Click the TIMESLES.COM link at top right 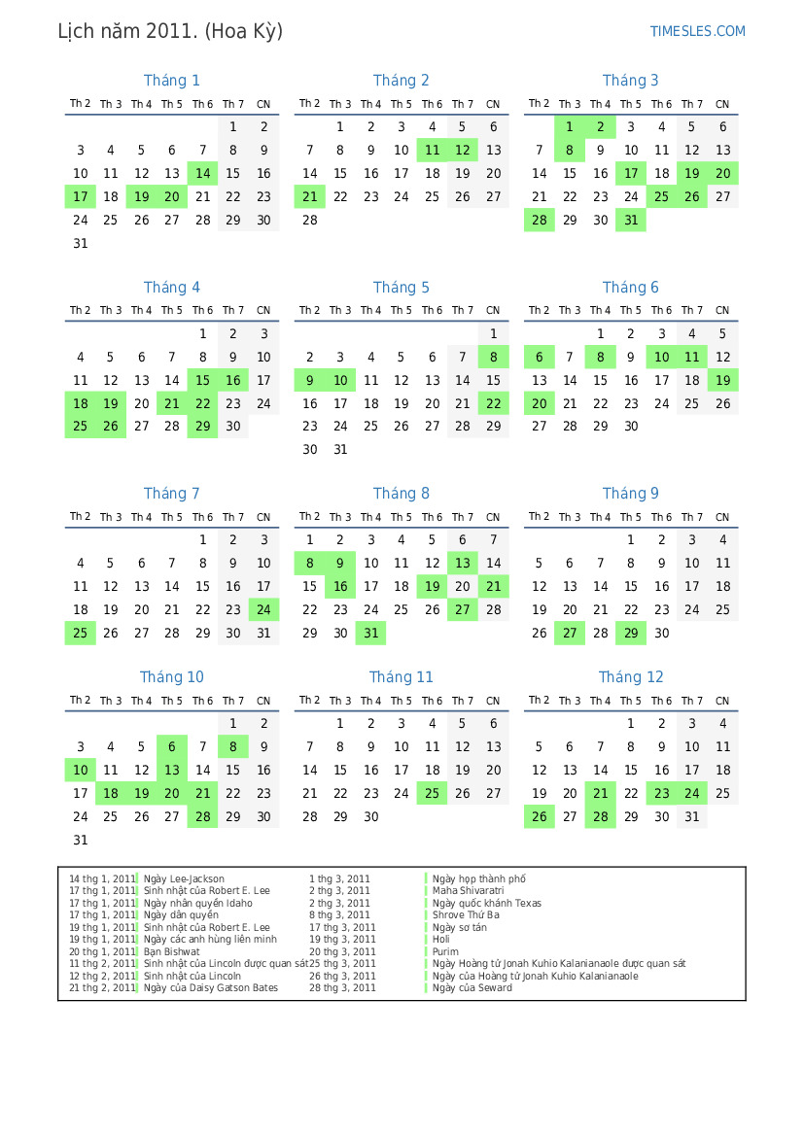click(x=697, y=31)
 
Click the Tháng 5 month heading click(x=401, y=288)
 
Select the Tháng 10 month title click(x=171, y=677)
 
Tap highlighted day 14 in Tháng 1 click(x=202, y=174)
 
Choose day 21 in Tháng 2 click(x=309, y=196)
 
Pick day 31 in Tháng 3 click(x=631, y=220)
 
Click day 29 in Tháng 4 click(x=202, y=426)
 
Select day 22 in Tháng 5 click(x=493, y=403)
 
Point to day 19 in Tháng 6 click(x=722, y=380)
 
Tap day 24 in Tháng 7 click(x=263, y=610)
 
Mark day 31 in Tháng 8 click(x=370, y=633)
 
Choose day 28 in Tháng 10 click(x=202, y=816)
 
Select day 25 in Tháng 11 click(x=432, y=794)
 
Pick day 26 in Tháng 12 click(x=539, y=816)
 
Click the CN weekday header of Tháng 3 click(x=722, y=104)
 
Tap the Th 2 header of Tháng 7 click(x=81, y=517)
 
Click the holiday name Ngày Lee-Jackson click(x=184, y=879)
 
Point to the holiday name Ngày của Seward click(x=472, y=988)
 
